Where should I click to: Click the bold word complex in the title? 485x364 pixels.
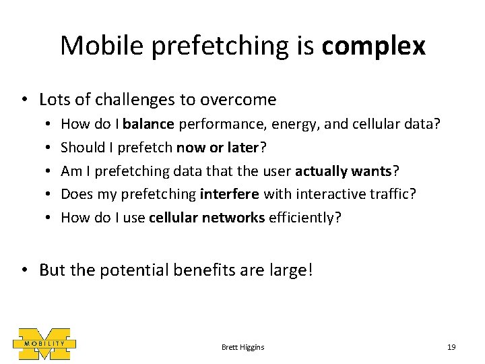373,47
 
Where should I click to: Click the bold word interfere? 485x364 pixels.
229,194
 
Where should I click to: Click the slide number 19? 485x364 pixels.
451,347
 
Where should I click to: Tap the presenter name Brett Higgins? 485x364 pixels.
243,347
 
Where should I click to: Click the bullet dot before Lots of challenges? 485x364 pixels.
24,100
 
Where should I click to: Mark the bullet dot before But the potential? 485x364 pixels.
24,271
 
